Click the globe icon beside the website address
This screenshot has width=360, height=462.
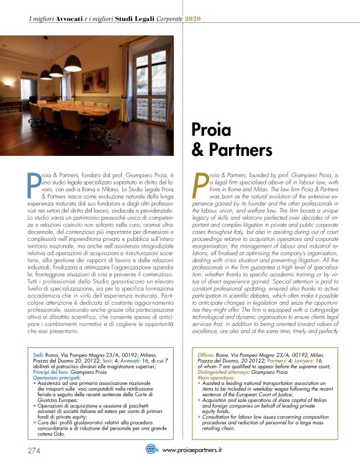point(151,449)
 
